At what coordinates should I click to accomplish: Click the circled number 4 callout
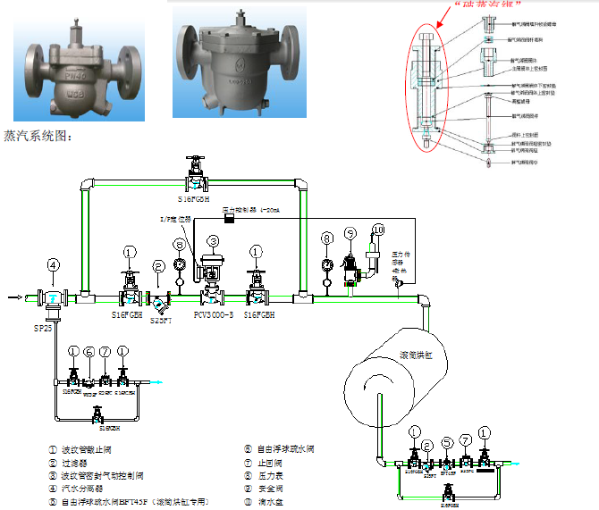coord(54,264)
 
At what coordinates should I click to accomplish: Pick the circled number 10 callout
coord(378,230)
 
